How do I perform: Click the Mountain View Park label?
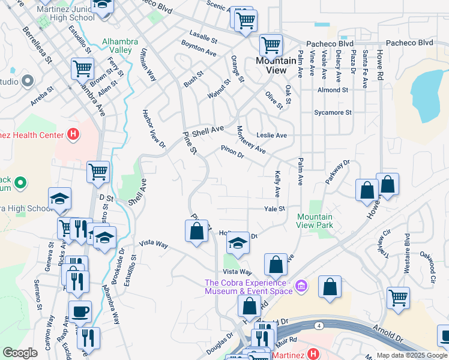tap(315, 221)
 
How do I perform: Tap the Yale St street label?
tap(274, 209)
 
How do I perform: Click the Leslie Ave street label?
tap(271, 136)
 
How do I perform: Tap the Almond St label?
tap(333, 90)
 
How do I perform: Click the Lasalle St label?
tap(203, 40)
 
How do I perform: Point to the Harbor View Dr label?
tap(154, 128)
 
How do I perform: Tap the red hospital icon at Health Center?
tap(73, 134)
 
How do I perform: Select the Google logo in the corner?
tap(20, 353)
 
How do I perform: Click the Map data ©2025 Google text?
tap(412, 355)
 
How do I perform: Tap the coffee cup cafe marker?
tap(80, 312)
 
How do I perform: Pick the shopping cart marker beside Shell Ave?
tap(98, 172)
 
